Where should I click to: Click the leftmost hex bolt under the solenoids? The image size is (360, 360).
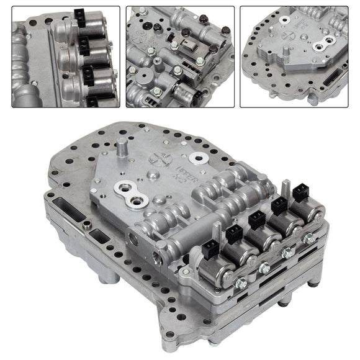241,282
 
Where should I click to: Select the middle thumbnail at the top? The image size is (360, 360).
180,56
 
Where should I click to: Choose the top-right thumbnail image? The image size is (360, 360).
295,56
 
